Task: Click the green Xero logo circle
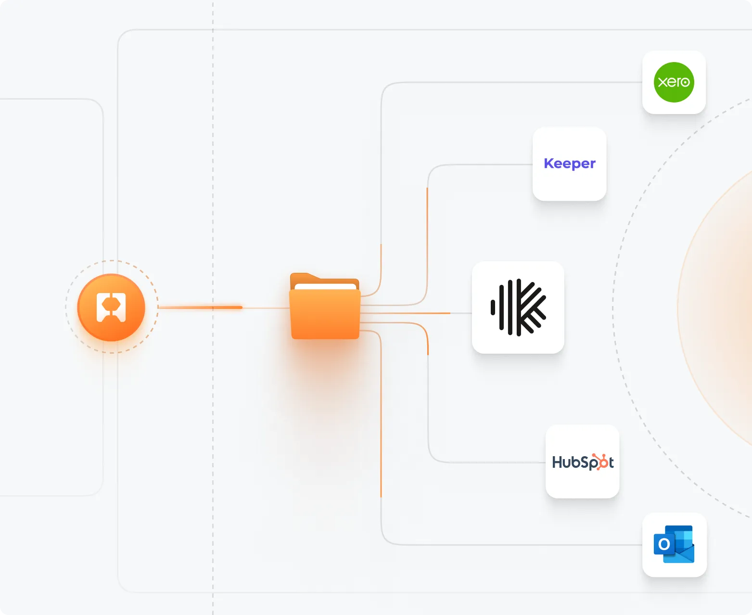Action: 674,82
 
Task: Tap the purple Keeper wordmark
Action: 570,164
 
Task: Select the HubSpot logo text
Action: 583,462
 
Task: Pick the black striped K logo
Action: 518,307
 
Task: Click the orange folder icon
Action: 325,308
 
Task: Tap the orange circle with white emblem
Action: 111,307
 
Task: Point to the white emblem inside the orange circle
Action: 111,307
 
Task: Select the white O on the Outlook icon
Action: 664,544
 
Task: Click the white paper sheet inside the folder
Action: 325,287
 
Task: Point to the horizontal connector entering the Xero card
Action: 529,82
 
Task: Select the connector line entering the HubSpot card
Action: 500,462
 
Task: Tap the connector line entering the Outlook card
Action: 529,545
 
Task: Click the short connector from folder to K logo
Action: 414,313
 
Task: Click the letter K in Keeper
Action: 548,163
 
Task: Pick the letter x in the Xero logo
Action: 662,82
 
